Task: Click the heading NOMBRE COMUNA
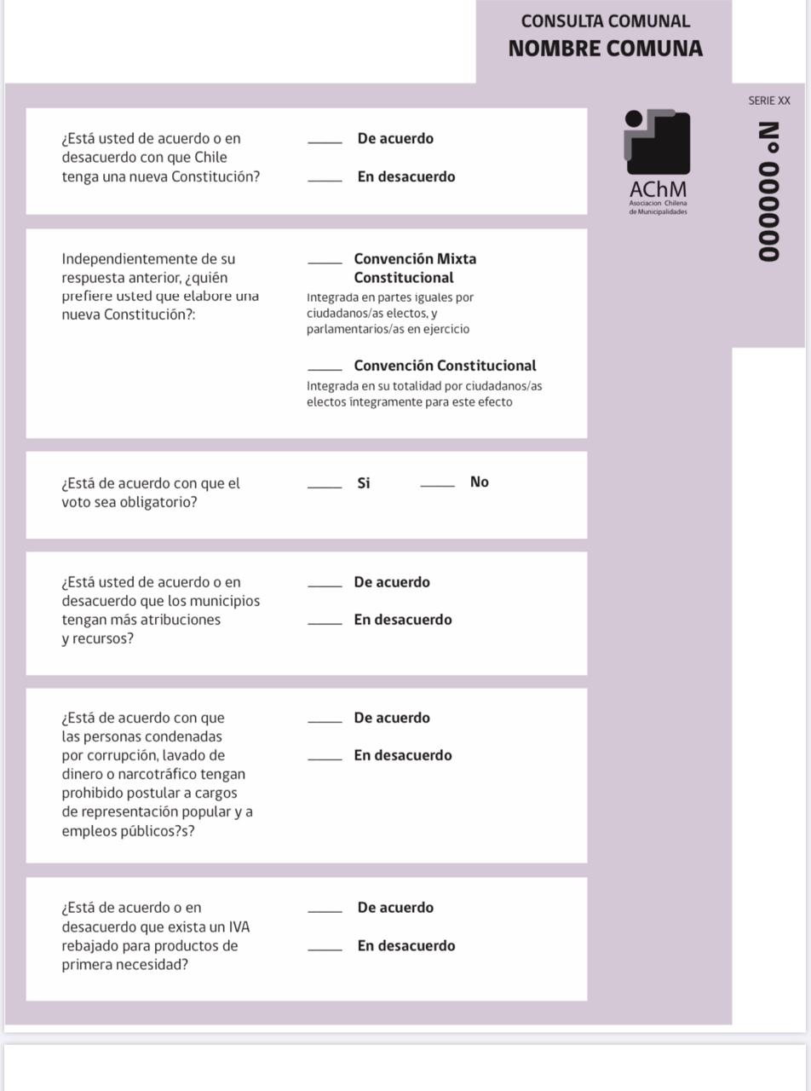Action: click(x=605, y=49)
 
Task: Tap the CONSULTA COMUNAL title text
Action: click(x=605, y=21)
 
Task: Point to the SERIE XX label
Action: click(x=768, y=101)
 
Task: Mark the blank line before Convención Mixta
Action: click(x=325, y=262)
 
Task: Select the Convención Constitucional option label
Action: click(x=445, y=366)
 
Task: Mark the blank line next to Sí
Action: click(x=325, y=486)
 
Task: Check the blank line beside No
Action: click(x=437, y=485)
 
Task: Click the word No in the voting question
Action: click(x=479, y=482)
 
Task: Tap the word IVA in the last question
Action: click(x=239, y=927)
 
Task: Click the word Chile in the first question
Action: click(x=210, y=158)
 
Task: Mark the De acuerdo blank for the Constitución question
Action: click(x=325, y=141)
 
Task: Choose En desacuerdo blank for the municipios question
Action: click(x=325, y=622)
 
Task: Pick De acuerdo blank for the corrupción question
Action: click(x=325, y=721)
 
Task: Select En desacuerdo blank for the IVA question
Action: click(x=325, y=949)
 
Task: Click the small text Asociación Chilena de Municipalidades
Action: click(x=658, y=208)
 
